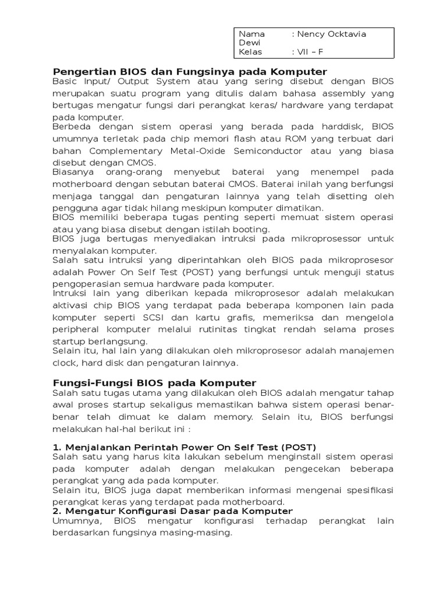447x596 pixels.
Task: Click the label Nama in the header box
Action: tap(252, 34)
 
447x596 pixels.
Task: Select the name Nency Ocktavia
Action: tap(329, 34)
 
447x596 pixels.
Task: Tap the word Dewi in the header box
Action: tap(250, 43)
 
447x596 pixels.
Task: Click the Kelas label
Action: tap(251, 52)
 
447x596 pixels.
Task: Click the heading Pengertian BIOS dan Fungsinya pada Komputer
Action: tap(190, 71)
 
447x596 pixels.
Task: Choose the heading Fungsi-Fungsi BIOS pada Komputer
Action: tap(154, 382)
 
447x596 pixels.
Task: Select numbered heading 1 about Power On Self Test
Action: tap(184, 447)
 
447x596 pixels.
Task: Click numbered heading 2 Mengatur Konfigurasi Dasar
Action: tap(173, 511)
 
